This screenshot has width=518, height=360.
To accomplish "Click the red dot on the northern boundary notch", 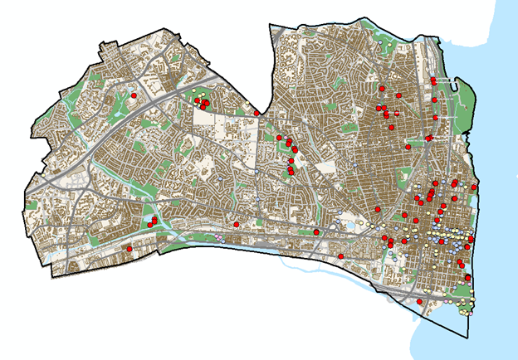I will click(x=257, y=113).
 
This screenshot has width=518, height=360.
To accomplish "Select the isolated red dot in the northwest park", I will click(x=133, y=96).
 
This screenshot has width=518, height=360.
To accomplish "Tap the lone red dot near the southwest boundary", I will click(x=129, y=248).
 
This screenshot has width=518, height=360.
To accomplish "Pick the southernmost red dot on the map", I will click(x=420, y=302).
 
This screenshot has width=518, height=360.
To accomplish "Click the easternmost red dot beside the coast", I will click(x=474, y=188).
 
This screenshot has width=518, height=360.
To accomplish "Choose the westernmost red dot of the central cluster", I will click(x=280, y=138).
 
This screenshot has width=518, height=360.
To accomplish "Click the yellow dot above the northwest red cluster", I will click(x=198, y=97).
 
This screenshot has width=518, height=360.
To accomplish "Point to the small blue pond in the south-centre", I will click(x=349, y=225).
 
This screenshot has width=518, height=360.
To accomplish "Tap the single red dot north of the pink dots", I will click(x=237, y=224).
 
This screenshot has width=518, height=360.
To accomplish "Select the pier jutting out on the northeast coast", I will click(x=453, y=80).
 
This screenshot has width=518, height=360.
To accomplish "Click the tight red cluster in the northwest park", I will click(x=203, y=105).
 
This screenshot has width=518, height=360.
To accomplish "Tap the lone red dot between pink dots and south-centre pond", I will click(x=316, y=231).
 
